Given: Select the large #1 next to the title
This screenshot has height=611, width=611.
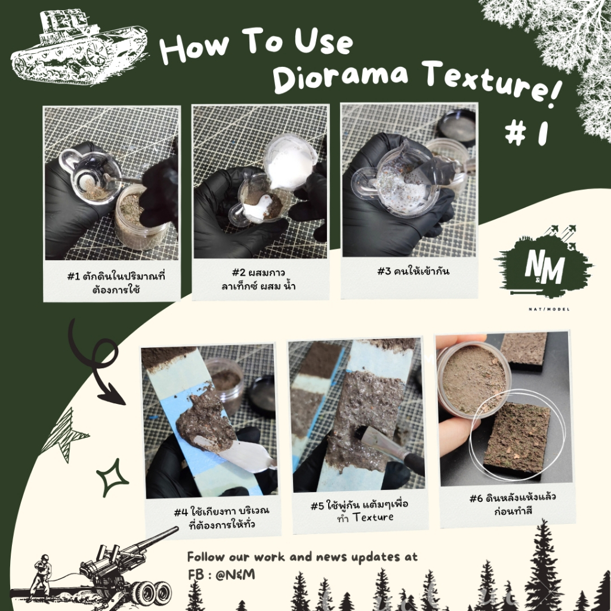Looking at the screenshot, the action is tap(526, 133).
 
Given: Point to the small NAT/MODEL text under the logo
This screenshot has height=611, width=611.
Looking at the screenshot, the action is tap(549, 309).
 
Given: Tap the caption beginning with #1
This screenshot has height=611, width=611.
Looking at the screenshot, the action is tap(116, 282).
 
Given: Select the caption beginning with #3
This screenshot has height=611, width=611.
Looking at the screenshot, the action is tap(413, 271).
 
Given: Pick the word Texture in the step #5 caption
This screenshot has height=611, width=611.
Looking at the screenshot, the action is tap(373, 517).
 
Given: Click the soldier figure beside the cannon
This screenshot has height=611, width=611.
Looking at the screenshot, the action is tap(41, 578).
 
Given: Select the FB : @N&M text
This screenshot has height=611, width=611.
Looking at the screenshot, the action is tap(221, 575).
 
